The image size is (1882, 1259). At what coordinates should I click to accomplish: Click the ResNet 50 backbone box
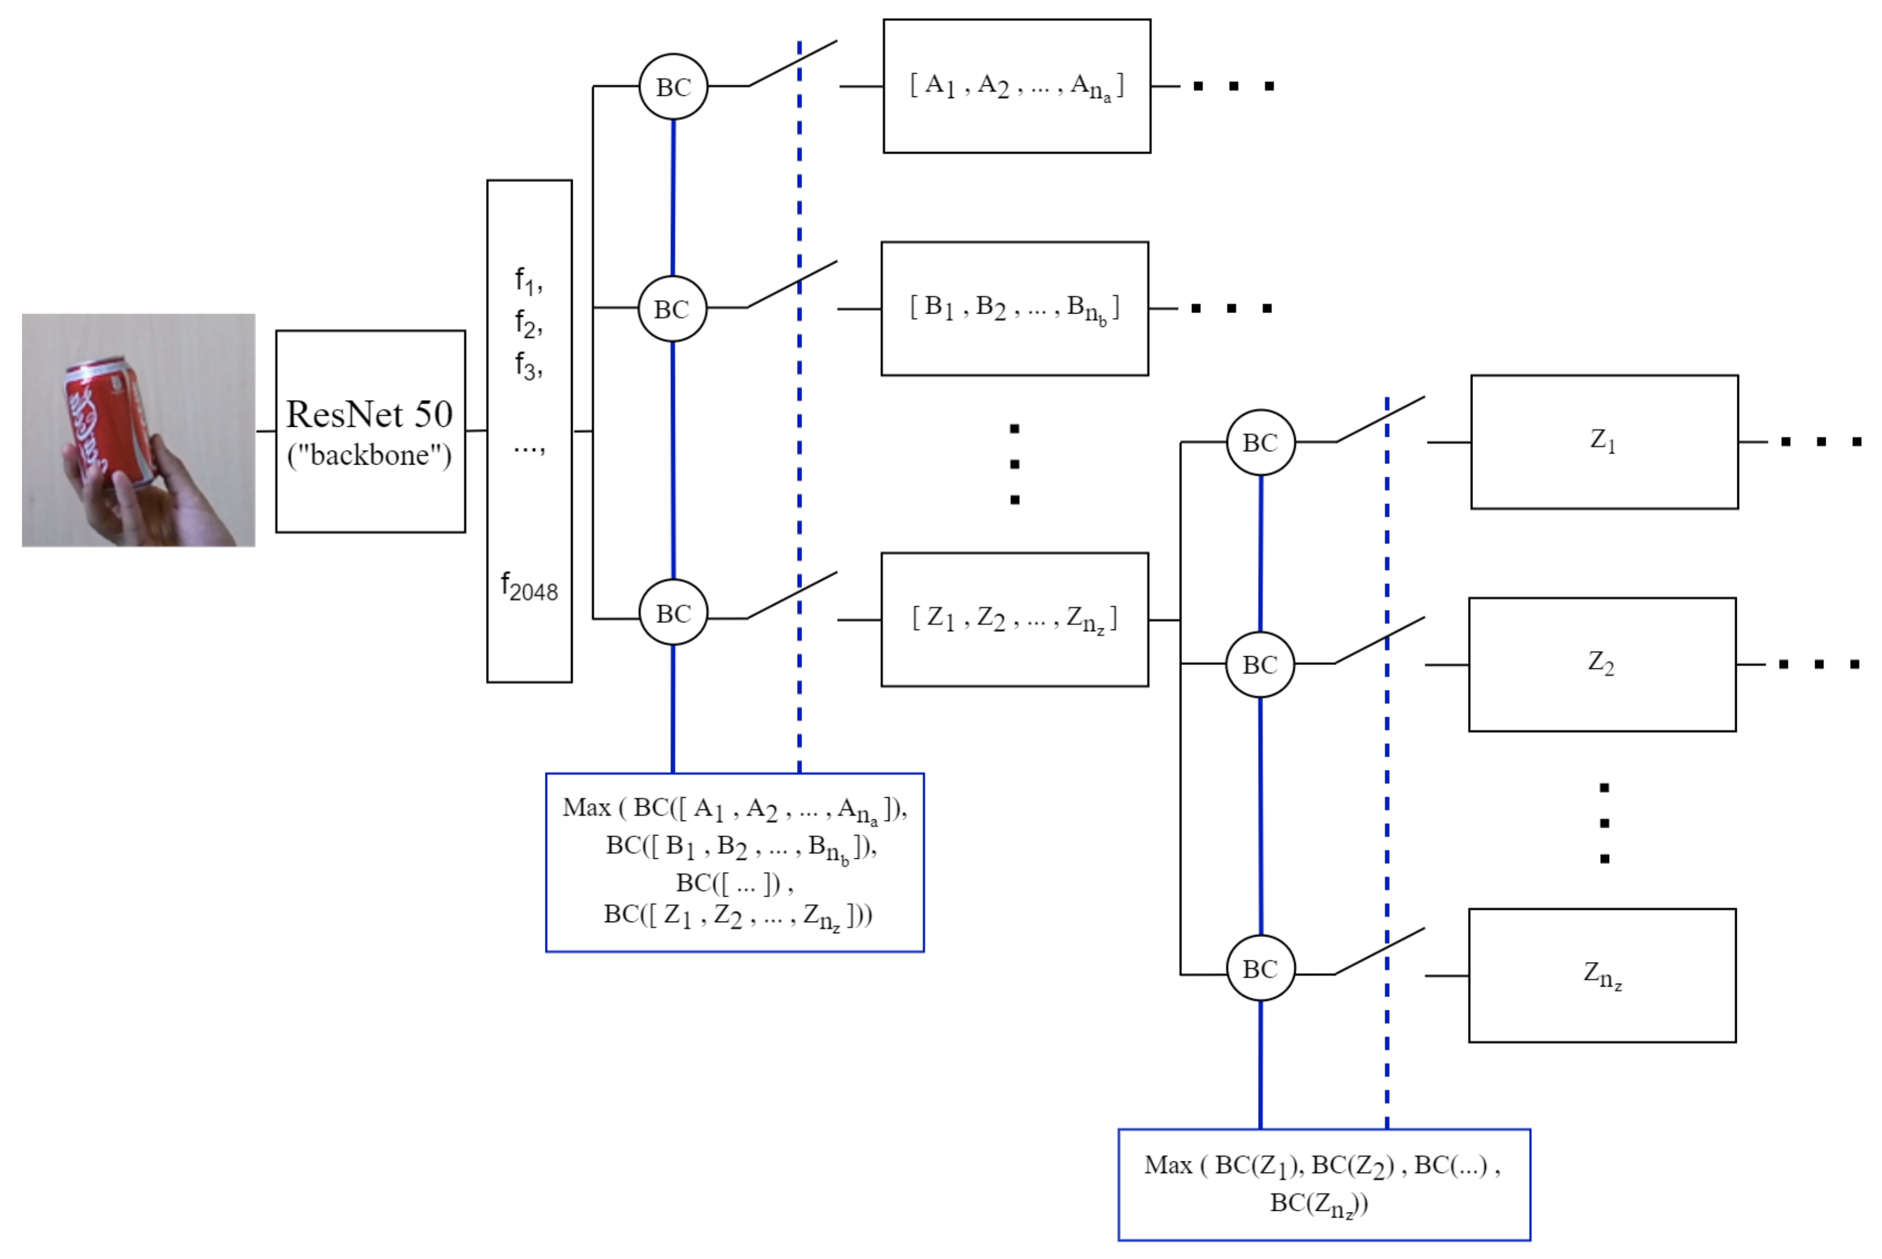[370, 431]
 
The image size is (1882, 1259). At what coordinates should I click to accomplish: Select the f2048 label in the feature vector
[529, 588]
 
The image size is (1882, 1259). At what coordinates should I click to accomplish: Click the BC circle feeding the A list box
[673, 87]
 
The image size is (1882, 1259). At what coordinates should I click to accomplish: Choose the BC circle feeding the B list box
[672, 309]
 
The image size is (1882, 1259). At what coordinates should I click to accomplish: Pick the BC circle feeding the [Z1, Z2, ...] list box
[673, 613]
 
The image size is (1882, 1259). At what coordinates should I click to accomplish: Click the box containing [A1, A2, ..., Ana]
[1017, 86]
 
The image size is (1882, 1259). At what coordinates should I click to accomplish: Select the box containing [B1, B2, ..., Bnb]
[1014, 308]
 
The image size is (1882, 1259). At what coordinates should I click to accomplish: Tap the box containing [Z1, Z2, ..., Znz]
[1014, 619]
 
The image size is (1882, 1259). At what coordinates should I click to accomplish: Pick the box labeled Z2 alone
[1602, 664]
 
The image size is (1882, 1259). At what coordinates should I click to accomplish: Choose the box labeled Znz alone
[1602, 975]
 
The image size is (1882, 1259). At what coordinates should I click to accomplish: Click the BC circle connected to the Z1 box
[1260, 443]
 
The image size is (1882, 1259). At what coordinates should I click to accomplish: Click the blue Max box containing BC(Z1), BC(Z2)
[1323, 1184]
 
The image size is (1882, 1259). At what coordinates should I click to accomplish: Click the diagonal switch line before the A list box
[792, 63]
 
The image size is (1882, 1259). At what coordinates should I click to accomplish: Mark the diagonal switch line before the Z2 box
[1380, 640]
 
